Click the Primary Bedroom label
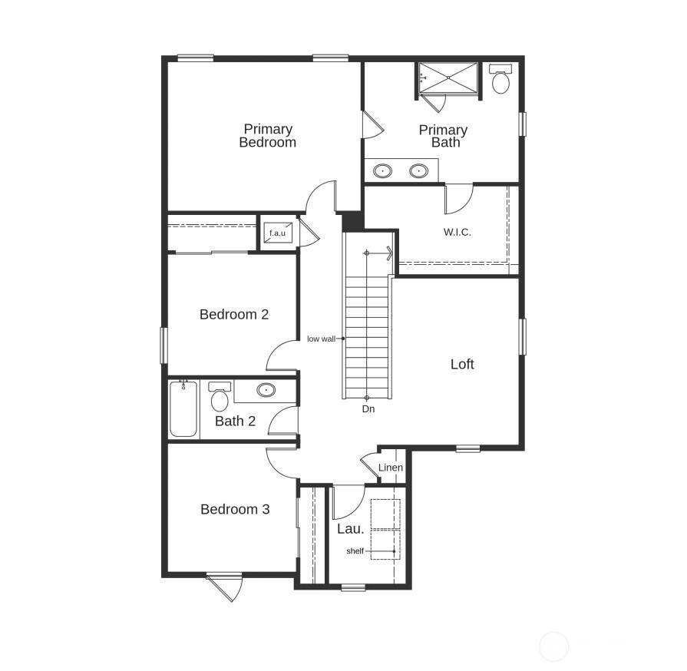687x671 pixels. (x=267, y=136)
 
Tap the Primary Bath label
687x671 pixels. (x=443, y=136)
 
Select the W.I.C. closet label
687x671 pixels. (x=457, y=231)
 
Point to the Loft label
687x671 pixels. (x=462, y=364)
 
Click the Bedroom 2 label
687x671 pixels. (x=234, y=314)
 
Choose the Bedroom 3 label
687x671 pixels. (x=235, y=509)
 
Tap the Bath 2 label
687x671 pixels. (x=235, y=421)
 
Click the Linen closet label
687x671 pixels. (x=391, y=468)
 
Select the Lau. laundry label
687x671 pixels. (x=350, y=528)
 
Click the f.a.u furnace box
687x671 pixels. (x=277, y=233)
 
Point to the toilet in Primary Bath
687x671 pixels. (x=501, y=80)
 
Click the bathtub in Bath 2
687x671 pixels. (x=183, y=409)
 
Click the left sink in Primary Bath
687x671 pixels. (x=383, y=170)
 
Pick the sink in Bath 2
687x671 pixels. (x=266, y=390)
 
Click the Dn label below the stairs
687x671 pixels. (x=368, y=409)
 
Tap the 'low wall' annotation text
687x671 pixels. (x=321, y=339)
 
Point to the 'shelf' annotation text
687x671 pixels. (x=355, y=551)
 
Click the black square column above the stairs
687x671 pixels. (x=352, y=220)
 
